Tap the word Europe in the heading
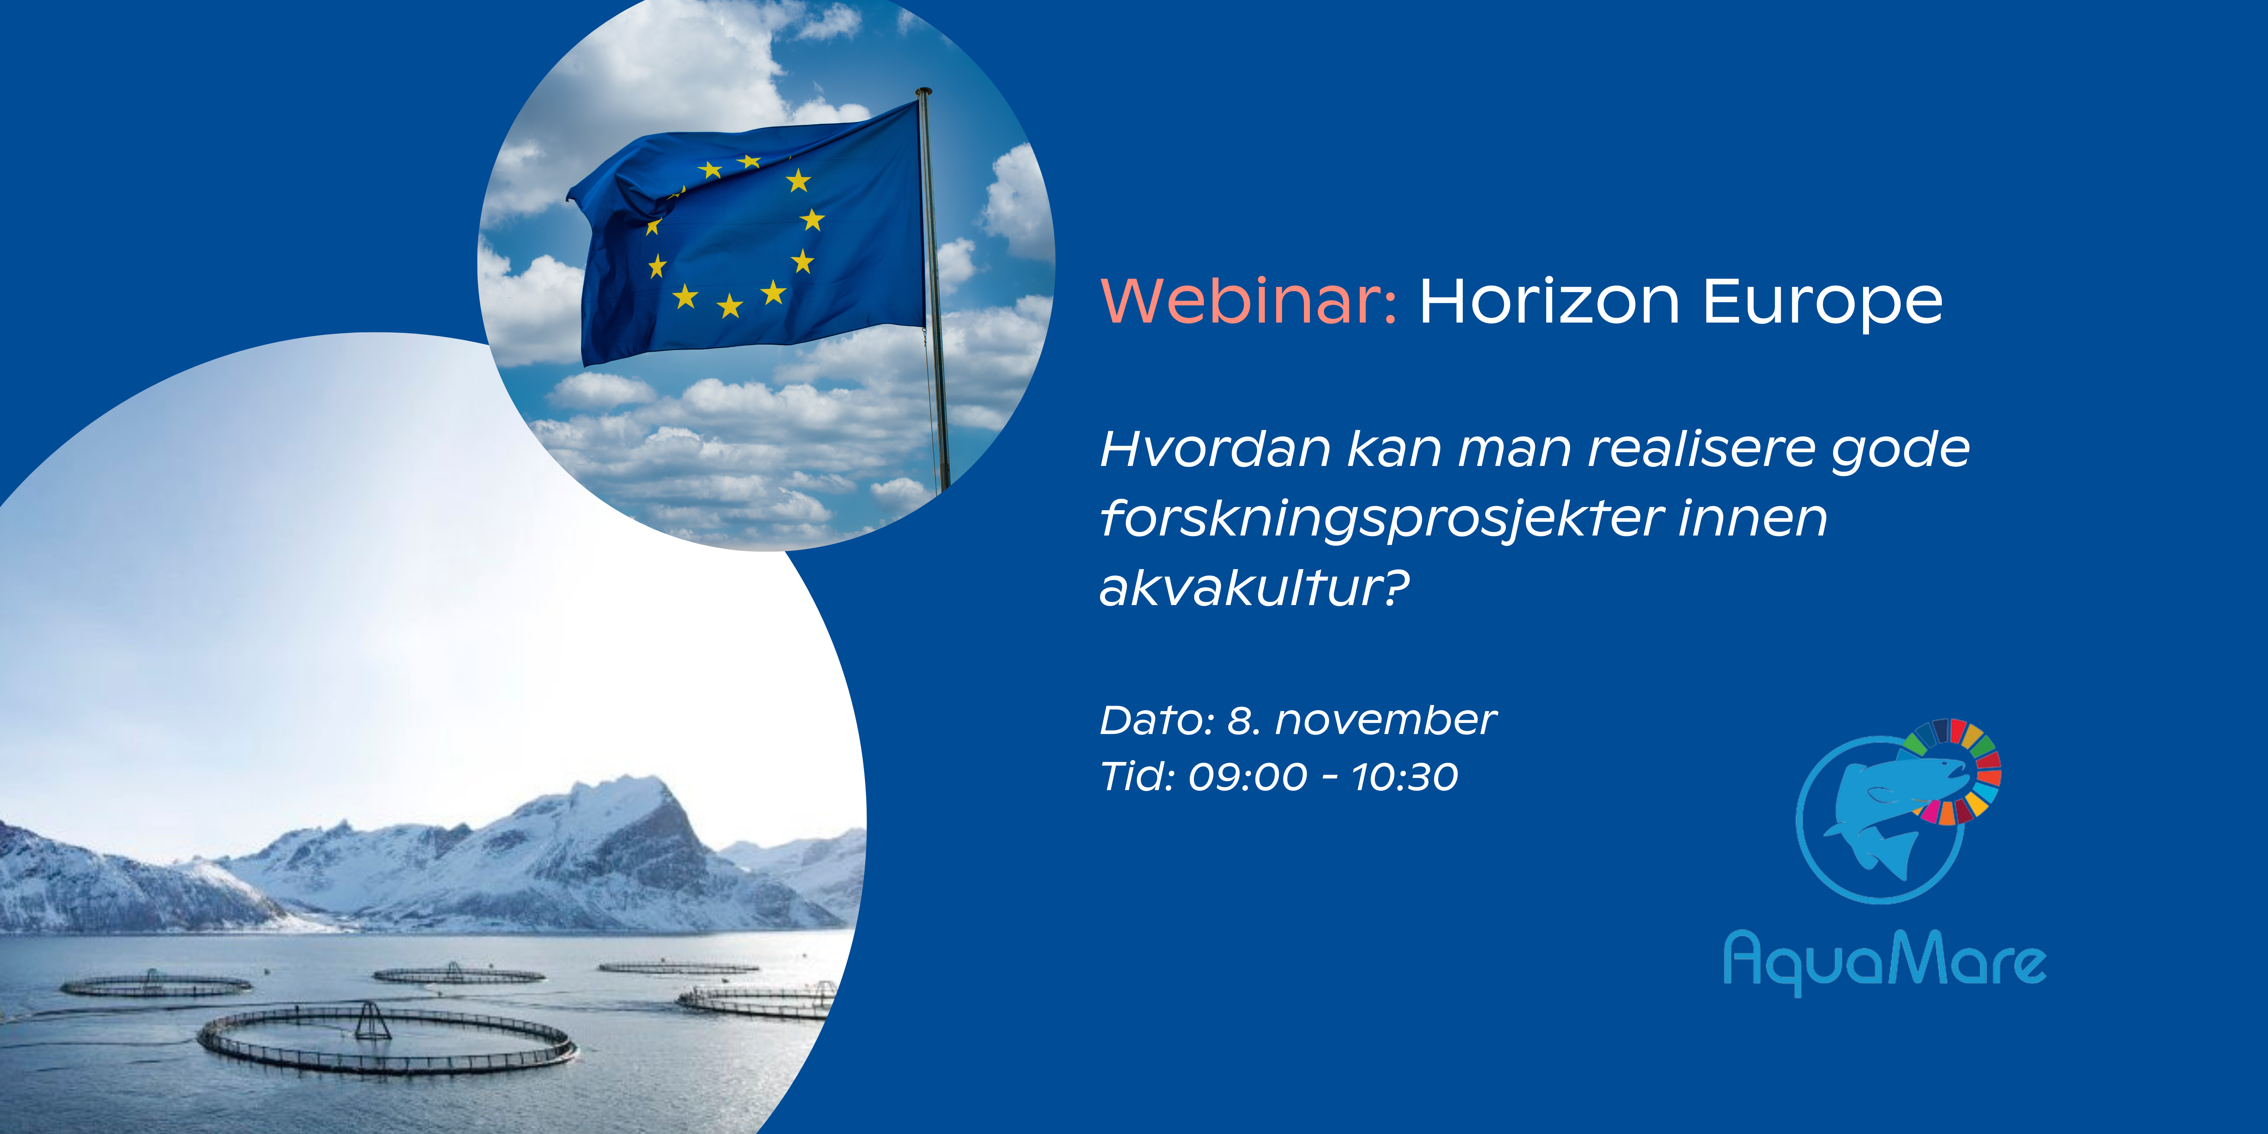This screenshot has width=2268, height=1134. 1822,304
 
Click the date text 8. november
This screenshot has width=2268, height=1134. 1362,720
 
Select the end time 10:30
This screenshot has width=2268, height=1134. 1405,777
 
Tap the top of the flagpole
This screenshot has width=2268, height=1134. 923,91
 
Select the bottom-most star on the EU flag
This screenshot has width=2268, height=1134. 730,306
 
